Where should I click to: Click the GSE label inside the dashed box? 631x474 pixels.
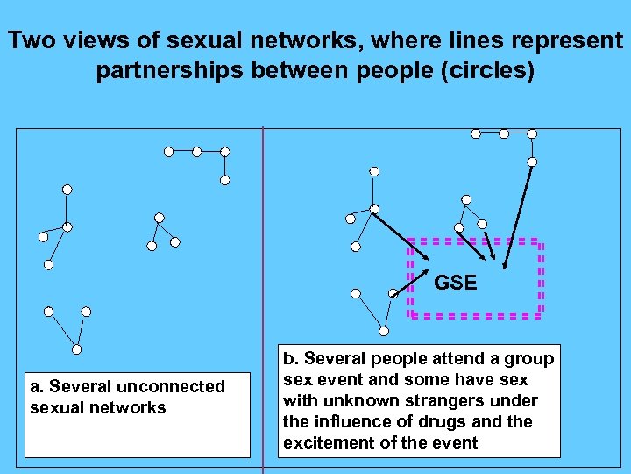(456, 283)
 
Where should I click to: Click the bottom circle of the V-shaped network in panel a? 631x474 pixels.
(76, 349)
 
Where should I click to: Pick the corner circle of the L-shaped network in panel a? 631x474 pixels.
(224, 151)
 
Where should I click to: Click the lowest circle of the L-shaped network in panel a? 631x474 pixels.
(224, 180)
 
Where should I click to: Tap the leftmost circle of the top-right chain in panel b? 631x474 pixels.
(476, 133)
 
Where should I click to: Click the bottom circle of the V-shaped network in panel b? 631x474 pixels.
(384, 331)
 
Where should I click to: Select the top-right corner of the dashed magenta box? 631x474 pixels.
(541, 241)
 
